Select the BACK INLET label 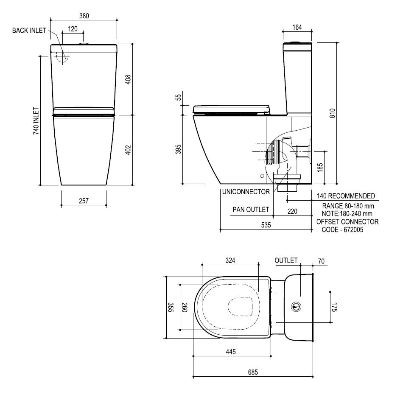(x=29, y=31)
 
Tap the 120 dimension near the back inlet (x=73, y=28)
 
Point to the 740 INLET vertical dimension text (x=36, y=121)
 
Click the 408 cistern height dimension (x=129, y=79)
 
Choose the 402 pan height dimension (x=129, y=150)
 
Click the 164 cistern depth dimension (x=297, y=28)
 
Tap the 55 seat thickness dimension (x=179, y=97)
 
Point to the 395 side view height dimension (x=179, y=149)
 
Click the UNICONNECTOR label (x=246, y=192)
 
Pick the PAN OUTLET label (x=251, y=210)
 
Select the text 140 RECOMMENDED (x=346, y=196)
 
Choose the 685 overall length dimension (x=253, y=372)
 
